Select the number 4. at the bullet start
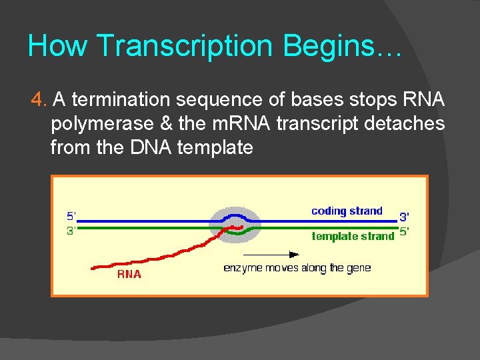click(x=39, y=100)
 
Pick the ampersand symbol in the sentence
click(x=167, y=123)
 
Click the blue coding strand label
click(x=347, y=211)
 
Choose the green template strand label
click(x=353, y=236)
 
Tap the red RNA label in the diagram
click(x=129, y=273)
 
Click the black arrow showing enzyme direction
click(x=271, y=254)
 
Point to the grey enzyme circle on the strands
click(x=234, y=224)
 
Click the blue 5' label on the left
click(x=71, y=216)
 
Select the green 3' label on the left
click(x=71, y=230)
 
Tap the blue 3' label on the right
click(x=404, y=217)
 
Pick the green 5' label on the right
click(x=404, y=233)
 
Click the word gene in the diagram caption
click(x=358, y=268)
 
